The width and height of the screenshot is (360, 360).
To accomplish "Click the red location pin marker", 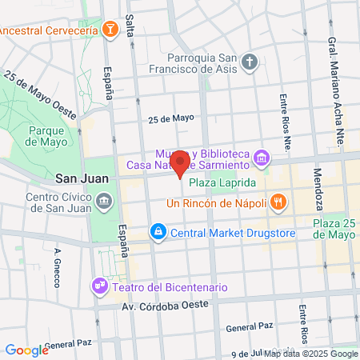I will tap(180, 163).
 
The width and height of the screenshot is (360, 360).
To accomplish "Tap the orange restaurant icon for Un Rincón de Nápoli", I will tap(278, 202).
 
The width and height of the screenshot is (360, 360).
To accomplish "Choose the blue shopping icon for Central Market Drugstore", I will tap(158, 233).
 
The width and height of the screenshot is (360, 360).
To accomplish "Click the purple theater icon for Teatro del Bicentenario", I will tap(100, 286).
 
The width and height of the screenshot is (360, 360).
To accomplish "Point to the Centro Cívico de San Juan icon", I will tap(104, 201).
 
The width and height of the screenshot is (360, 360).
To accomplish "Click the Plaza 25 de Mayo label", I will tap(334, 229).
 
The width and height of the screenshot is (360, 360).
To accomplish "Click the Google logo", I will tap(26, 350).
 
